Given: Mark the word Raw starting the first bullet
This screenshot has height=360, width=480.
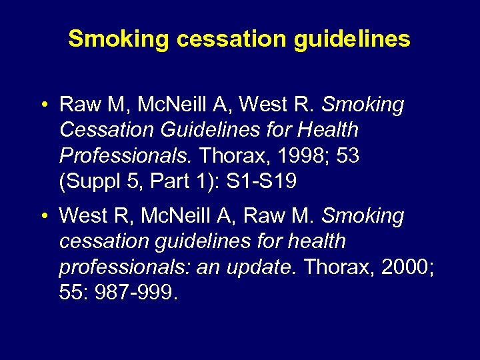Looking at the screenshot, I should pos(76,105).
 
